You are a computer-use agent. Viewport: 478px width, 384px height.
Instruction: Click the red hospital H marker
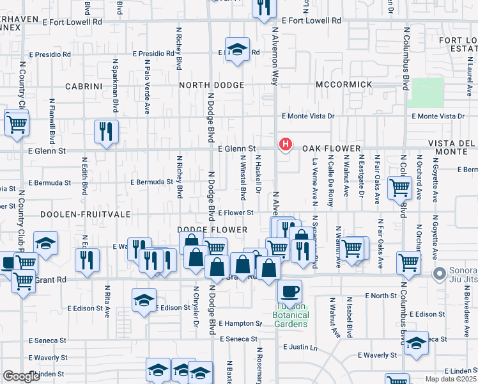tap(286, 145)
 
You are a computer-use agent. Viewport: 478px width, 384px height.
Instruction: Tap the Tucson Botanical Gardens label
tap(291, 315)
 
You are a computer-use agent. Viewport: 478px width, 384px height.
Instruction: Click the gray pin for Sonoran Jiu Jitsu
tap(439, 275)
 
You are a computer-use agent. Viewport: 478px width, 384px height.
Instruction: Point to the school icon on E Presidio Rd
tap(236, 51)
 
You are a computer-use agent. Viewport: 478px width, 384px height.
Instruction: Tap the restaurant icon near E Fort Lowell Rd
tap(262, 8)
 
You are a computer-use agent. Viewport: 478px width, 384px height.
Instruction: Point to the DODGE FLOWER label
tap(212, 230)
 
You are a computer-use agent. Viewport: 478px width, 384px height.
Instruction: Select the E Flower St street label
tap(236, 212)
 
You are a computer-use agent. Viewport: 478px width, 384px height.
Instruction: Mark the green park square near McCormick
tap(426, 93)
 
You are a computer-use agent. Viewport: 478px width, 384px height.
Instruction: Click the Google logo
tap(21, 376)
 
